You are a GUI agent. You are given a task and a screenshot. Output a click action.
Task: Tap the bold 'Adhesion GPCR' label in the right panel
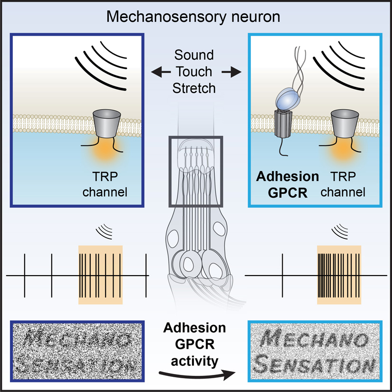(287, 185)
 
